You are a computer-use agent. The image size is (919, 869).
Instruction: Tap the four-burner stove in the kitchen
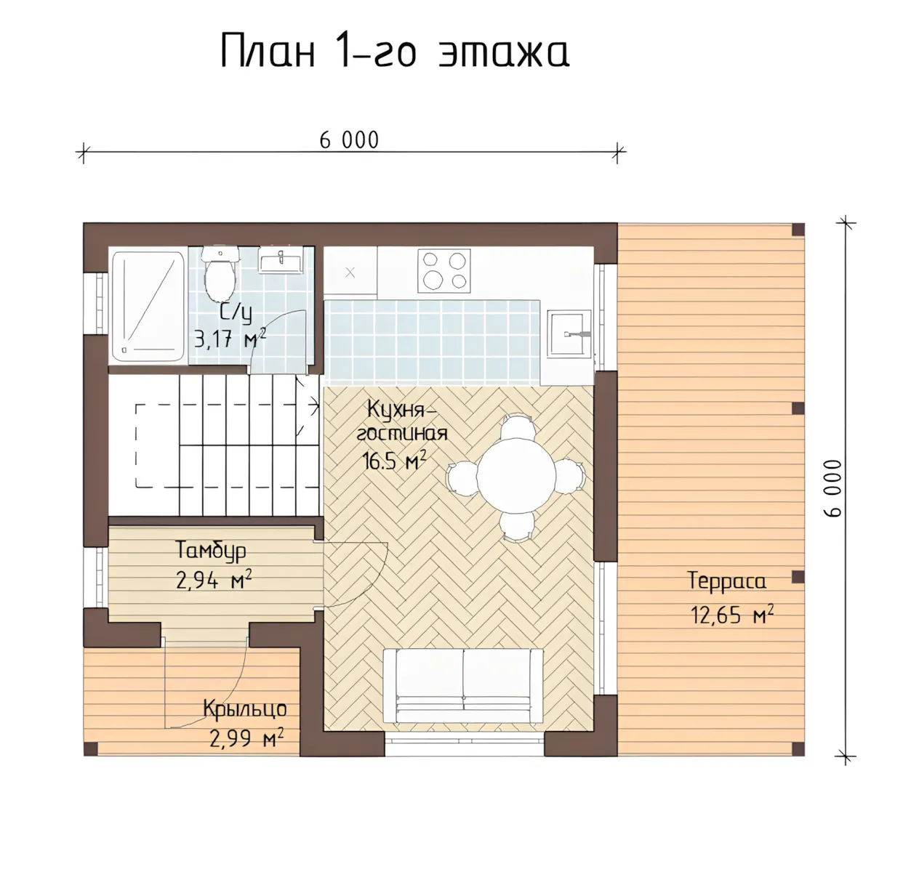point(444,271)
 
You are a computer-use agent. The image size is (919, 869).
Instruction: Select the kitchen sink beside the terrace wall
point(569,334)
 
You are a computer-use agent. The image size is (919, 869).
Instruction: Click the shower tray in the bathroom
point(148,307)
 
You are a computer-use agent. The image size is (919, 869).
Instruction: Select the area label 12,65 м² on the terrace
point(732,615)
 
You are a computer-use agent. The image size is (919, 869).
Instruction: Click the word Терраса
point(726,582)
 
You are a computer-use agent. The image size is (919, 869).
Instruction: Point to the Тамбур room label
point(211,550)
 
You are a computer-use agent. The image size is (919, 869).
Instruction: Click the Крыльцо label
point(244,709)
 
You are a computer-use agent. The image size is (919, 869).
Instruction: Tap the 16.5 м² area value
point(394,461)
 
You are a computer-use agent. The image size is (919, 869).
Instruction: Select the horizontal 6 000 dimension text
point(349,140)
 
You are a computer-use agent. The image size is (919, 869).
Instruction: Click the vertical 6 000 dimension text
point(832,488)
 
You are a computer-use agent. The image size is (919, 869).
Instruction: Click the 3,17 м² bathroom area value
point(230,339)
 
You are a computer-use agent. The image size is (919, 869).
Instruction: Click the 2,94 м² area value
point(214,581)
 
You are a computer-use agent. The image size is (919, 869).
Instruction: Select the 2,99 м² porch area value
point(246,738)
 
